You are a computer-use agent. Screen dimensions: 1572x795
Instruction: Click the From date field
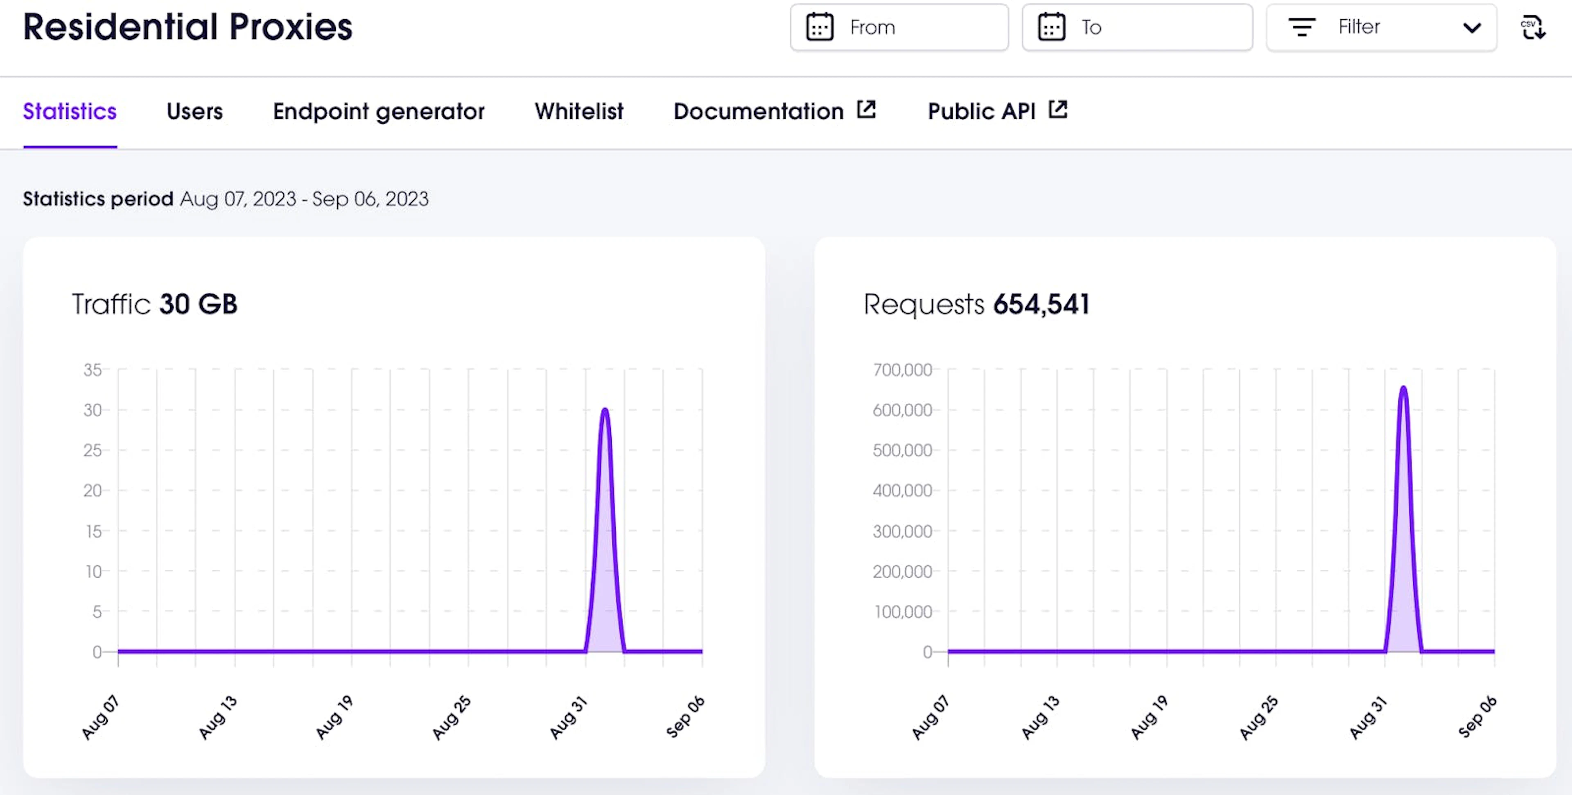pos(899,27)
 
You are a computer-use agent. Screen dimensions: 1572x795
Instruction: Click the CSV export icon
pos(1532,27)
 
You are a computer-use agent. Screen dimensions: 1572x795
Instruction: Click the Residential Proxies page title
pos(188,27)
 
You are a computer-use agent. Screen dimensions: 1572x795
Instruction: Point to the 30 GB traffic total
pos(198,304)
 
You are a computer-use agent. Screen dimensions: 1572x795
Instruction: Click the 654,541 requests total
pos(1041,304)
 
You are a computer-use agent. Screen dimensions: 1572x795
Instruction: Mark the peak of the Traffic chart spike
pos(605,409)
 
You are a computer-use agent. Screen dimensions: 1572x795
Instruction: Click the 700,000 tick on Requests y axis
pos(902,370)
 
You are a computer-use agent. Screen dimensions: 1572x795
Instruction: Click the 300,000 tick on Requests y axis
pos(902,531)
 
